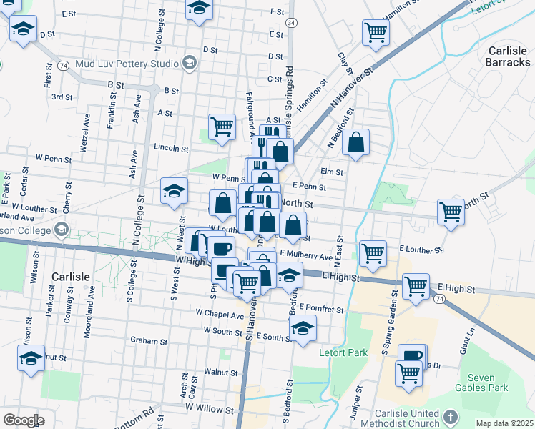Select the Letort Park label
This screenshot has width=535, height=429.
tap(343, 352)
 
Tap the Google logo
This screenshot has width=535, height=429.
tap(24, 420)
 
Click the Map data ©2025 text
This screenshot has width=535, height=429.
tap(504, 423)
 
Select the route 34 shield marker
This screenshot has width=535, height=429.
tap(290, 23)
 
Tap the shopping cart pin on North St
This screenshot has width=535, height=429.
tap(451, 211)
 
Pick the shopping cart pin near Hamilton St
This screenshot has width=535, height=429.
tap(375, 31)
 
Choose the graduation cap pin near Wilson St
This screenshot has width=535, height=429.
tap(31, 357)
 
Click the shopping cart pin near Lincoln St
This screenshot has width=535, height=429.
tap(222, 127)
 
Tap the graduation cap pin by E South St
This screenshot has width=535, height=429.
tap(303, 328)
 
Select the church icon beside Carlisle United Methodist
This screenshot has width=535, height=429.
tap(450, 416)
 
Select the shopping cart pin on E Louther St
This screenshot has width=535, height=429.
tap(373, 252)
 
